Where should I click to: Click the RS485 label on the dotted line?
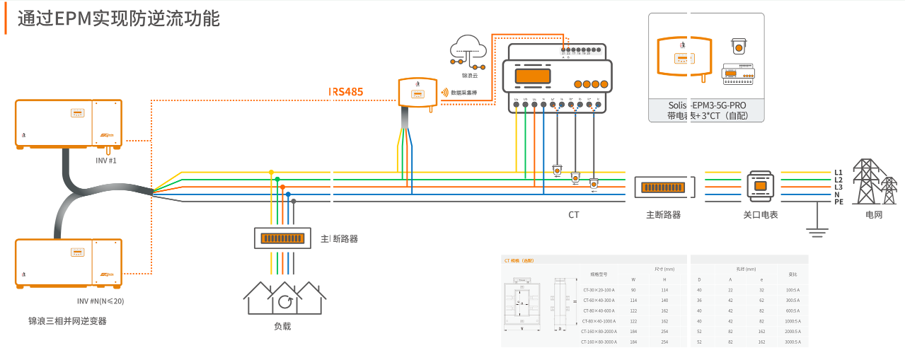coord(346,93)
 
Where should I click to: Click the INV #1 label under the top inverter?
coord(106,161)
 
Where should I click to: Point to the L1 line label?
coord(838,173)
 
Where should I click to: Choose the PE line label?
coord(838,202)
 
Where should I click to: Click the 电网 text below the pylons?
coord(874,214)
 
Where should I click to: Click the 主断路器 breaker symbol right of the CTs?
coord(663,187)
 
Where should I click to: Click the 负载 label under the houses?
coord(282,326)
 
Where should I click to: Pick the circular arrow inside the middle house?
coord(285,303)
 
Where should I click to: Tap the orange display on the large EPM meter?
coord(532,75)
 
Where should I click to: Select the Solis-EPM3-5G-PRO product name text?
coord(707,105)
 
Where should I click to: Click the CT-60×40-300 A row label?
coord(599,301)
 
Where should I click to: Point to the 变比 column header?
coord(792,274)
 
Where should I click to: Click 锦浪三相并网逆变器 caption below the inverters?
coord(67,321)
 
